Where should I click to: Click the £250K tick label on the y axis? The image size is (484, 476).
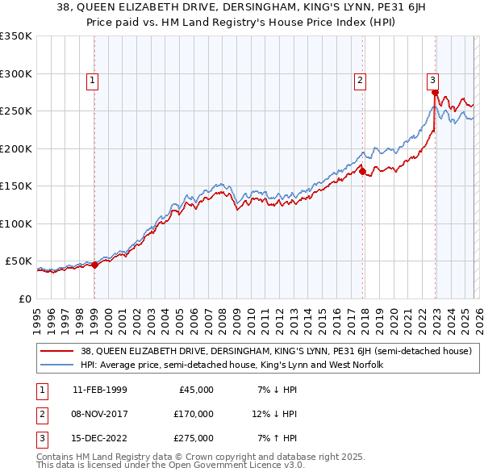coord(16,111)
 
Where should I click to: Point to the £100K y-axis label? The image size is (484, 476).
coord(16,223)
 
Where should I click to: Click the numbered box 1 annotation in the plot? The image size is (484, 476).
coord(94,80)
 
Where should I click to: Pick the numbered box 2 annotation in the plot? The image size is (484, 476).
coord(359,80)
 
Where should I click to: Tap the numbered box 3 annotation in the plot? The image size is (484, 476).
coord(433,80)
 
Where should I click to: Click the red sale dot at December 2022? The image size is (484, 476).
coord(435,94)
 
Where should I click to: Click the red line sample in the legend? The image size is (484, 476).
coord(57,351)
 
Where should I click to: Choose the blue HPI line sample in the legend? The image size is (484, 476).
coord(57,365)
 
